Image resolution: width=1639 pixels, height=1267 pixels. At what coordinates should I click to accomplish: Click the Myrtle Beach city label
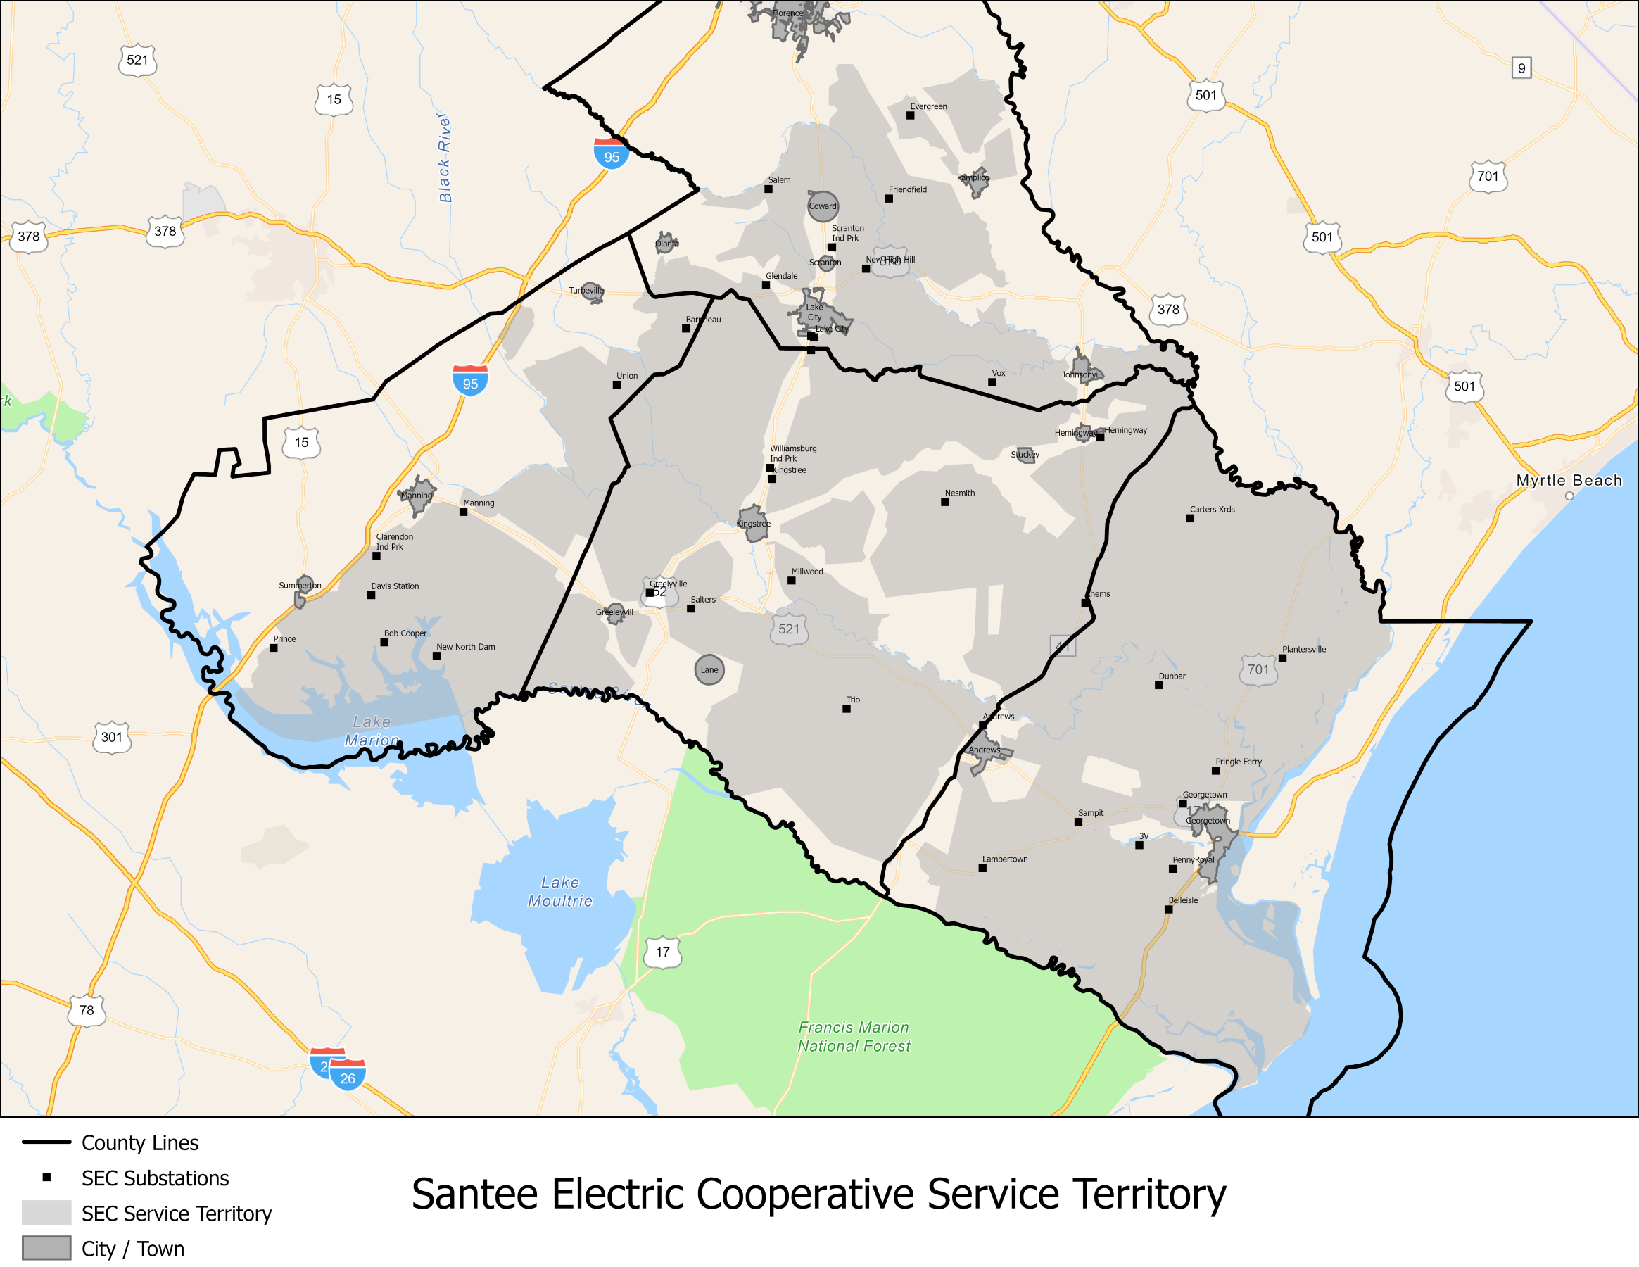point(1569,480)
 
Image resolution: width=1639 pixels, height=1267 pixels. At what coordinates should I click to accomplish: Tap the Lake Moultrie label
point(560,892)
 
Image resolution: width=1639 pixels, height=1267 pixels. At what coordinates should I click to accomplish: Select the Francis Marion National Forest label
point(854,1037)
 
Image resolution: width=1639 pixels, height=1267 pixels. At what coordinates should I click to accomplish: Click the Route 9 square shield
point(1521,68)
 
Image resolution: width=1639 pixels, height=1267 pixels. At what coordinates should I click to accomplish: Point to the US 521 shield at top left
point(137,60)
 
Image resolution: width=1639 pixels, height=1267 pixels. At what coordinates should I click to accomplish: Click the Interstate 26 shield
point(348,1078)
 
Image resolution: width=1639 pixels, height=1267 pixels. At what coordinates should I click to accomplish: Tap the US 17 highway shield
point(663,952)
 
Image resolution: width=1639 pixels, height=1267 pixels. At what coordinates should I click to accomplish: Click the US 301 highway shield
point(112,737)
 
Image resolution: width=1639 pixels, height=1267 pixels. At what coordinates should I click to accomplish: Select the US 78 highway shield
point(87,1010)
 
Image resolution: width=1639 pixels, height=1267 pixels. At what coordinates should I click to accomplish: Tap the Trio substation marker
point(847,709)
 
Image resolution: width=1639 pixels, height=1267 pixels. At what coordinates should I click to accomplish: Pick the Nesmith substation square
point(945,502)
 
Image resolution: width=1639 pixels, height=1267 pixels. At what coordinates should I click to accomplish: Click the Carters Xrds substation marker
point(1190,518)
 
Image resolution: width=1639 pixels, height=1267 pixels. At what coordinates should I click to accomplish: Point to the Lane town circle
point(709,669)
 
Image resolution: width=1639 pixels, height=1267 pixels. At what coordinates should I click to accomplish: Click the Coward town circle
point(823,206)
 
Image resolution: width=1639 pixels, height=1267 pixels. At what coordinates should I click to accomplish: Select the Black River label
point(445,158)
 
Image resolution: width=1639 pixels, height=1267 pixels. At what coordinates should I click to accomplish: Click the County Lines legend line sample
point(46,1142)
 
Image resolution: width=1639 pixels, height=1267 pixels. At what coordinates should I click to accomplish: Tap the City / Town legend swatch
point(46,1248)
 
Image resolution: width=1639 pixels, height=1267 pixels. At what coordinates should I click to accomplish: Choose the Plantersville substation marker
point(1282,658)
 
